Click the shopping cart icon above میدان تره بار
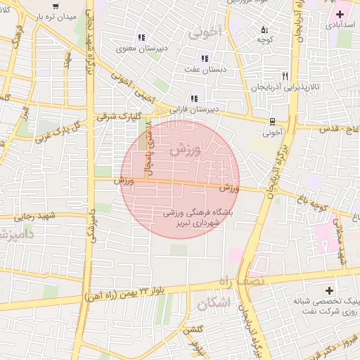(x=56, y=6)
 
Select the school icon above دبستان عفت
(x=204, y=58)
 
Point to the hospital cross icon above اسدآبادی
(x=340, y=14)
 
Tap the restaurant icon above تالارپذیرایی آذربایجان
(x=285, y=75)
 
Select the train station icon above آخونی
(x=272, y=121)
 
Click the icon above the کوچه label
(x=264, y=30)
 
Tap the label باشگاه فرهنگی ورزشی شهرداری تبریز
(x=201, y=216)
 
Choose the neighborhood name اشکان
(x=214, y=304)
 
